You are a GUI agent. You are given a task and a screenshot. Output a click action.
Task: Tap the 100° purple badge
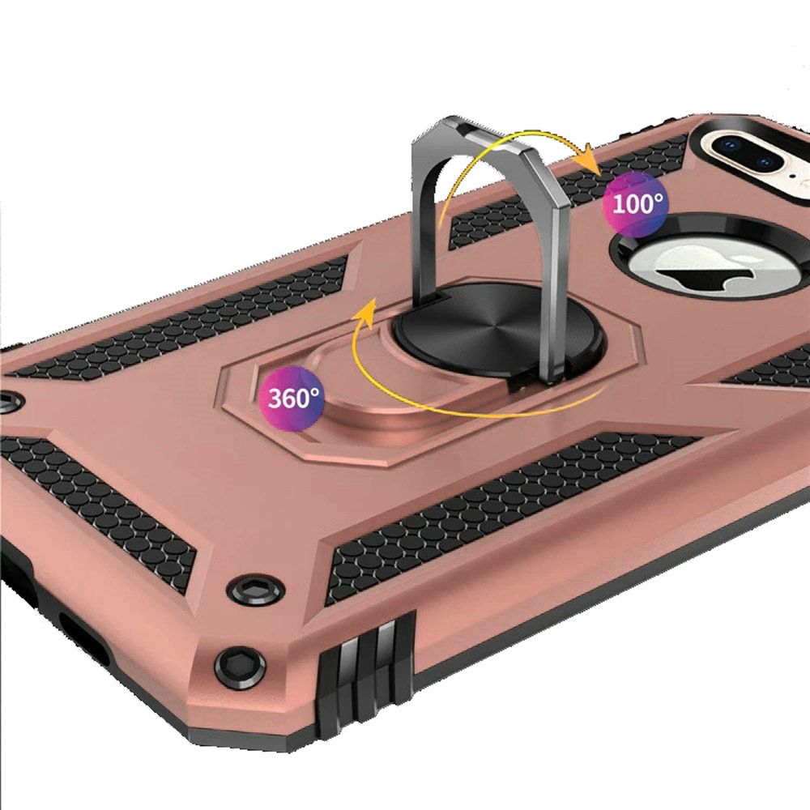(635, 204)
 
